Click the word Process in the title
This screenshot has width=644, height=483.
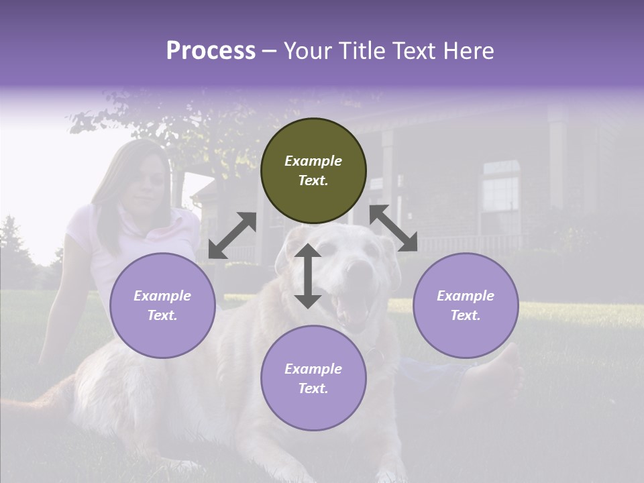pos(211,51)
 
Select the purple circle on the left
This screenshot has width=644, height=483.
pos(162,305)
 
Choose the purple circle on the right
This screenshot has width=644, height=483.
pos(466,305)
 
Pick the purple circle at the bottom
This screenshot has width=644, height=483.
pos(313,378)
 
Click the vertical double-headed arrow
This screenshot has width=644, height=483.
pos(308,276)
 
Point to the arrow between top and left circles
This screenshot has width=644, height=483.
pos(232,235)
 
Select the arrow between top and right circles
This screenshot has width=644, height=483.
pos(394,228)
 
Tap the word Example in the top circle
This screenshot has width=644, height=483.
pos(313,161)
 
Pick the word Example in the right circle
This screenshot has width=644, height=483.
pos(466,296)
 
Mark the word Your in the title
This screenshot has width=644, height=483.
pos(306,51)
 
